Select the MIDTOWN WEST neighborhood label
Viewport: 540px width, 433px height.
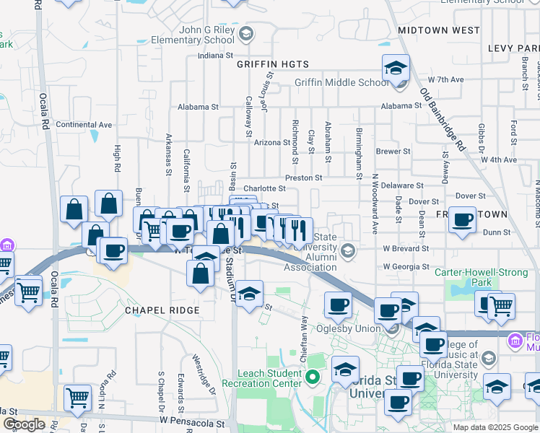click(438, 30)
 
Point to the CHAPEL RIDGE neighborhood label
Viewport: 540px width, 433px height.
click(161, 310)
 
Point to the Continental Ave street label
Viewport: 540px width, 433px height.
click(84, 125)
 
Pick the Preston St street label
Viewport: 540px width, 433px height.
click(303, 176)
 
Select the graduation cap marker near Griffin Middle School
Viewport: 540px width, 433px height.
click(396, 69)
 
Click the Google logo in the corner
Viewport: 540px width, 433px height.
click(24, 424)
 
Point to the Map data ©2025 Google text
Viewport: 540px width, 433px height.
click(495, 427)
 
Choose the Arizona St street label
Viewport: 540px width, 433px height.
click(271, 142)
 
